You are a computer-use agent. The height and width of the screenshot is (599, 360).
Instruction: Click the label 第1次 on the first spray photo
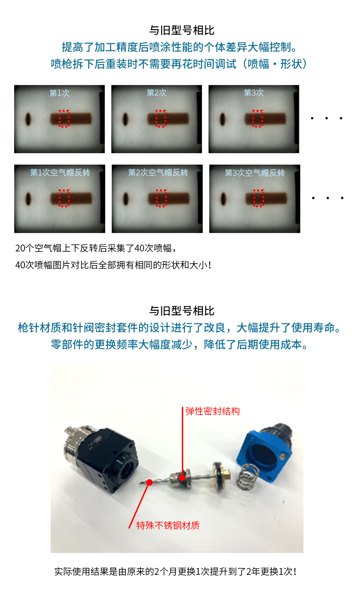pos(59,93)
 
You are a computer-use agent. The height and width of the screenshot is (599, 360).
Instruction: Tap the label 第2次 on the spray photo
pos(156,93)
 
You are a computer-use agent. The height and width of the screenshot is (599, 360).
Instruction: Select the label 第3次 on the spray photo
pos(253,93)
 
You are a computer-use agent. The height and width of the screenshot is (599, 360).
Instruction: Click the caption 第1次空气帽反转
pos(60,173)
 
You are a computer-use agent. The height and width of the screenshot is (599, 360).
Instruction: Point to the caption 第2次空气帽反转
pos(158,173)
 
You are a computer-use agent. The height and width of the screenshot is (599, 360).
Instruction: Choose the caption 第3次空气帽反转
pos(255,173)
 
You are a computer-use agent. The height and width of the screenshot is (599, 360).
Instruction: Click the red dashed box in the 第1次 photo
pos(64,118)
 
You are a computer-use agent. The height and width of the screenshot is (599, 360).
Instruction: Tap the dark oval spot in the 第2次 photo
pos(125,119)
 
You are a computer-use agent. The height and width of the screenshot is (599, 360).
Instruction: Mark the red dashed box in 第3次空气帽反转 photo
pos(259,198)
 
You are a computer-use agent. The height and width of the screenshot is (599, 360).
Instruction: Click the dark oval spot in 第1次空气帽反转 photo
pos(28,199)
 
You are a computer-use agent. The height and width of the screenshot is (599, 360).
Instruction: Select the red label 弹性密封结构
pos(213,411)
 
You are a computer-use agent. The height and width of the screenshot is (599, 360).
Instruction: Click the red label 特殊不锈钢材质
pos(168,526)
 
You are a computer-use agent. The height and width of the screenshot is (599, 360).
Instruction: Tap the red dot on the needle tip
pos(149,482)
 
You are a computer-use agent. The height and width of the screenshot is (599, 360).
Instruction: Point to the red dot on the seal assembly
pos(182,477)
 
